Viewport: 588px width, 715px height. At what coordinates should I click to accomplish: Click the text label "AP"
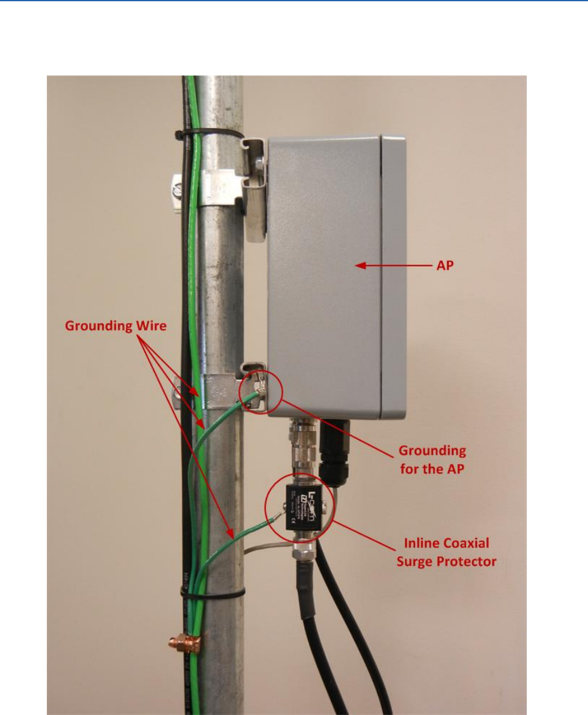(x=443, y=265)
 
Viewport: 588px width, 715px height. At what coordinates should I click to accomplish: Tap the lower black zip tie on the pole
(x=212, y=591)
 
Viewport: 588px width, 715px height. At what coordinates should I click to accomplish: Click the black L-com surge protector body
(x=306, y=505)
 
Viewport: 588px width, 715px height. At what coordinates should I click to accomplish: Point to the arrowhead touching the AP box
(x=360, y=266)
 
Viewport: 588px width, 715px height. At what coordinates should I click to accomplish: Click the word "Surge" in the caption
(x=423, y=562)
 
